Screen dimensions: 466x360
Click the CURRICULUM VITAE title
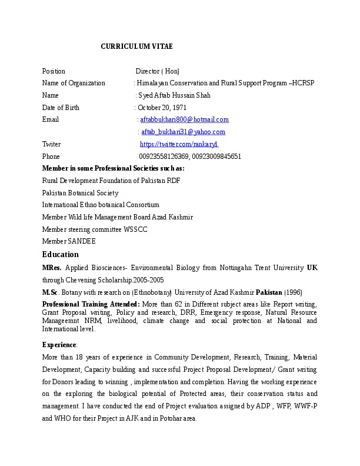click(136, 46)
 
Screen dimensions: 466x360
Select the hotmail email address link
click(184, 120)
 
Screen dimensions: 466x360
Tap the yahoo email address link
click(183, 132)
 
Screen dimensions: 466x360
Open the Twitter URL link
click(179, 144)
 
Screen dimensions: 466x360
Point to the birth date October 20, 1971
click(162, 108)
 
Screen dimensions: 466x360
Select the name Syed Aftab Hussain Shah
click(174, 95)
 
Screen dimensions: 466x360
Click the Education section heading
click(60, 254)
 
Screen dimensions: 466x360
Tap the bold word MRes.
click(51, 268)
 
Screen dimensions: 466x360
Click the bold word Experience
click(59, 344)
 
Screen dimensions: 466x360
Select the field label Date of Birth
click(61, 108)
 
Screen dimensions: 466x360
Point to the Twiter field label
click(51, 144)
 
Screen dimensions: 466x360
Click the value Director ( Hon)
click(158, 71)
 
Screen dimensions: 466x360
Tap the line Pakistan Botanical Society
click(80, 193)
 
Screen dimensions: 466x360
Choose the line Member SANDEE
click(69, 241)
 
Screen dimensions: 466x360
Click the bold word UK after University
click(312, 268)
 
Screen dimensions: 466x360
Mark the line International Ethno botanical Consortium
click(101, 205)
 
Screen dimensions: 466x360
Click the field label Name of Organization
click(74, 83)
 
